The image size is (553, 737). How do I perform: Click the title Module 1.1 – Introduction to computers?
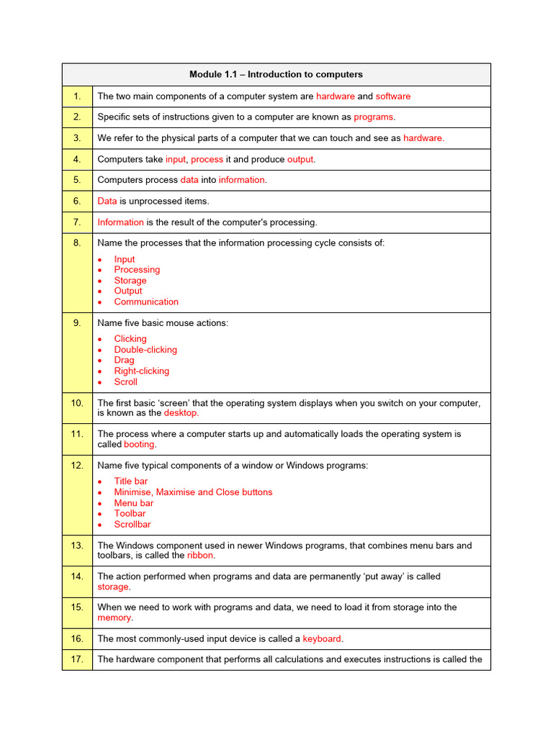pos(276,74)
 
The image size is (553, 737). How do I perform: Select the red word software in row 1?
pos(392,96)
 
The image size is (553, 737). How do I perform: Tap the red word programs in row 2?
pos(373,117)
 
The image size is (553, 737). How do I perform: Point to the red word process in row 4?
pos(207,159)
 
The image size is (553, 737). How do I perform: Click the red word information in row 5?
pos(242,180)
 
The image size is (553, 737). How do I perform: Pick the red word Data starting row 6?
pos(107,201)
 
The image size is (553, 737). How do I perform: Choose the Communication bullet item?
pos(146,302)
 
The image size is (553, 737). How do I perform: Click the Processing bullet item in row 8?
pos(137,269)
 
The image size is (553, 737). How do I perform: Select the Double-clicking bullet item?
pos(145,350)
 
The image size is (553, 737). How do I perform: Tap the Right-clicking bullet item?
pos(141,371)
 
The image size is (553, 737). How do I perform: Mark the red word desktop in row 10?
pos(181,413)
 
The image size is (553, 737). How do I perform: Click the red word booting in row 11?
pos(139,445)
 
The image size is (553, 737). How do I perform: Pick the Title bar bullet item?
pos(130,481)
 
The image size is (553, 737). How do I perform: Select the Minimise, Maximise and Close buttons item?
pos(193,492)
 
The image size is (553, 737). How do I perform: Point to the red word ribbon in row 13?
pos(200,556)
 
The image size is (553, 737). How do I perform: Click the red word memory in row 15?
pos(114,618)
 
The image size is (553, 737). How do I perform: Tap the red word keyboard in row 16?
pos(322,638)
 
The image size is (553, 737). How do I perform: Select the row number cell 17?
pos(77,659)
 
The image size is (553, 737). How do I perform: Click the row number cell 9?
pos(77,323)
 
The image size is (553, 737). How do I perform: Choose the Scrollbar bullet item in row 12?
pos(132,524)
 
